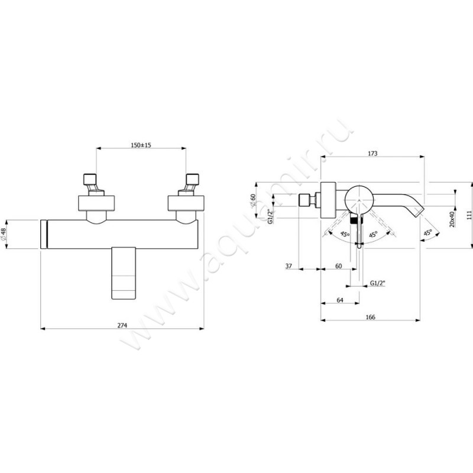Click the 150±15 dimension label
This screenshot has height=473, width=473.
pyautogui.click(x=141, y=145)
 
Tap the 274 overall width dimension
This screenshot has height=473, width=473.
pyautogui.click(x=122, y=325)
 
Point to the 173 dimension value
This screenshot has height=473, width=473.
pyautogui.click(x=372, y=154)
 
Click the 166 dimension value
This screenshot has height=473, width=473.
pyautogui.click(x=370, y=317)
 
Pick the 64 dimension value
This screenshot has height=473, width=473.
pyautogui.click(x=339, y=300)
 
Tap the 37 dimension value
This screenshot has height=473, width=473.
pyautogui.click(x=289, y=266)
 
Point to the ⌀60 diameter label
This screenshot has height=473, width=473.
pyautogui.click(x=253, y=200)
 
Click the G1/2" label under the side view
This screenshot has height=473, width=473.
pyautogui.click(x=378, y=283)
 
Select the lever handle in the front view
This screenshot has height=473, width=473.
pyautogui.click(x=124, y=273)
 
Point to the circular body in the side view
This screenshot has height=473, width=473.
pyautogui.click(x=359, y=200)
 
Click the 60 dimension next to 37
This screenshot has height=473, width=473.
pyautogui.click(x=338, y=266)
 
